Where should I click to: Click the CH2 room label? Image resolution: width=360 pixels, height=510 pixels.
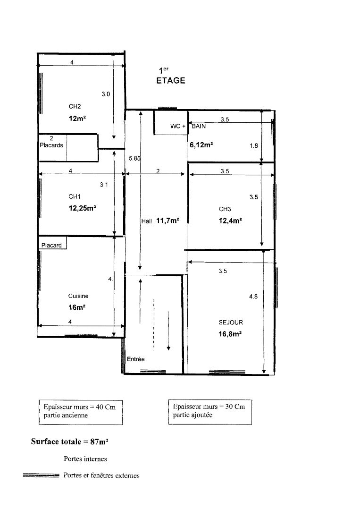[x=75, y=106]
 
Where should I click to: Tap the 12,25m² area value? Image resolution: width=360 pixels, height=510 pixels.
[x=82, y=208]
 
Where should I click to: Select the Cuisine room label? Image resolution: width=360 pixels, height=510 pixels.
[x=78, y=296]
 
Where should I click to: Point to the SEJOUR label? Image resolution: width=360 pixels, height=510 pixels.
[x=231, y=323]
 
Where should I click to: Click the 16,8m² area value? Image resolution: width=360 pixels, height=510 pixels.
[x=230, y=334]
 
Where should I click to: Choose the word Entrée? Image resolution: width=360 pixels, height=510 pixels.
[x=135, y=359]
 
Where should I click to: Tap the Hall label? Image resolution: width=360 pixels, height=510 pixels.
[x=147, y=221]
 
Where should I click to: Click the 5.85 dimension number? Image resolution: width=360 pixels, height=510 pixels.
[x=134, y=158]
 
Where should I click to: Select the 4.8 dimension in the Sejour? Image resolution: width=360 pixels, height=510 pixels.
[x=253, y=296]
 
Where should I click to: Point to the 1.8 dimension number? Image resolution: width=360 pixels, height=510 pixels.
[x=254, y=146]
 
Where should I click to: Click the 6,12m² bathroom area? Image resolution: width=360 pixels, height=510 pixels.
[x=201, y=145]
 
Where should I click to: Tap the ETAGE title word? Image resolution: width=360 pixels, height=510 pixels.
[x=171, y=81]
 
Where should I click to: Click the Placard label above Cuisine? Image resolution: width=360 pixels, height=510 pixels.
[x=51, y=245]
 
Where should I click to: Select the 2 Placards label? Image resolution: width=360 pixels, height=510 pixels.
[x=51, y=142]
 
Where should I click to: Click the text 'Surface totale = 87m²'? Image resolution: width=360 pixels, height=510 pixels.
[x=69, y=442]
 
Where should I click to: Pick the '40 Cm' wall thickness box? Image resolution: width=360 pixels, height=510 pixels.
[x=81, y=412]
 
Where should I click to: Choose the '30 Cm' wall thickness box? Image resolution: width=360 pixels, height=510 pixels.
[x=210, y=412]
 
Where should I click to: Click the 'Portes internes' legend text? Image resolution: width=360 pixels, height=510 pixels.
[x=85, y=459]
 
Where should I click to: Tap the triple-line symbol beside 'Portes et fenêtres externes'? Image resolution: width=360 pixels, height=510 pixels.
[x=41, y=476]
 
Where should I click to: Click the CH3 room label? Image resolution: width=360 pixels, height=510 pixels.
[x=225, y=209]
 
